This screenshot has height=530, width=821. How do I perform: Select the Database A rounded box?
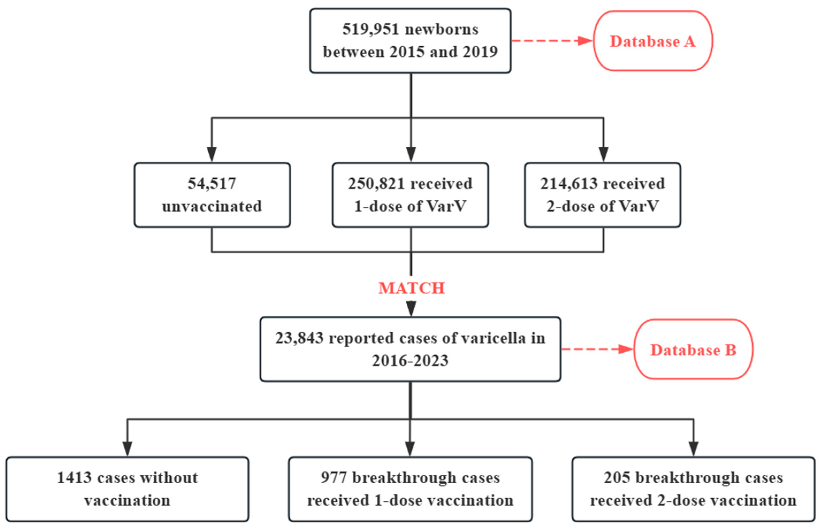click(x=653, y=41)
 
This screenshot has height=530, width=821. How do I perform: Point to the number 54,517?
click(x=212, y=183)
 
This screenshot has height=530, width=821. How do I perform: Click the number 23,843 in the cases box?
click(x=299, y=338)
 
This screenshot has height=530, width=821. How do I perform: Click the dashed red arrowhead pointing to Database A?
click(x=585, y=41)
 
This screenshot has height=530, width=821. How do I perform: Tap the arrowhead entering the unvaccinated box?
click(x=212, y=154)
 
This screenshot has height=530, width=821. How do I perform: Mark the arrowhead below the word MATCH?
click(x=411, y=308)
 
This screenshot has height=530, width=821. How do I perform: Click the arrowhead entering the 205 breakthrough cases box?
click(x=693, y=448)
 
